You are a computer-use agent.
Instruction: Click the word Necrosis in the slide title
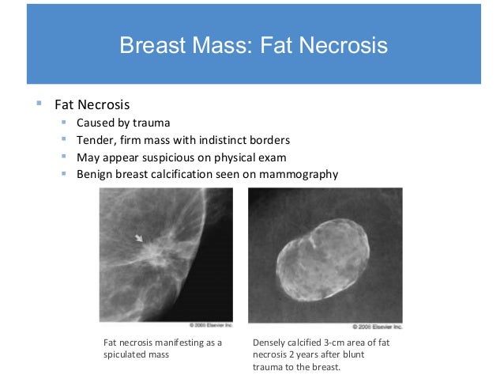pyautogui.click(x=345, y=45)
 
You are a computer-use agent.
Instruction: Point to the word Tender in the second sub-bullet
pyautogui.click(x=96, y=140)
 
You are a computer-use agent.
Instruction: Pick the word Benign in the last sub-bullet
pyautogui.click(x=96, y=175)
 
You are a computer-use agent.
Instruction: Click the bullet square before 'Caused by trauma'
pyautogui.click(x=64, y=123)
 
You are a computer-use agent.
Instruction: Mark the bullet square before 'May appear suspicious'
pyautogui.click(x=64, y=157)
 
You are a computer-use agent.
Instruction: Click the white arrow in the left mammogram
pyautogui.click(x=139, y=237)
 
